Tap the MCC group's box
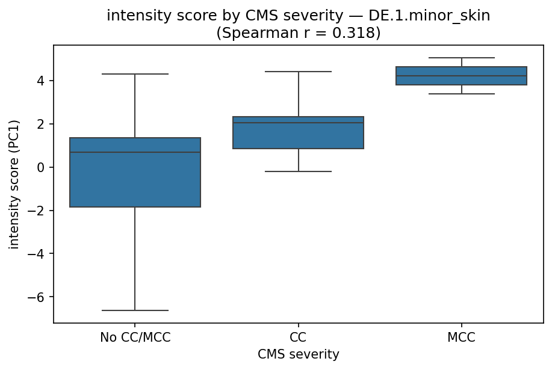462,76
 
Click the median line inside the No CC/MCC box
135,152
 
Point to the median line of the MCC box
462,76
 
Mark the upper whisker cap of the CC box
299,72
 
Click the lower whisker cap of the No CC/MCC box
135,310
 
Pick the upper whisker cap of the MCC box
462,58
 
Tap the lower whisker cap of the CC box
299,171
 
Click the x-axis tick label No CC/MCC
135,338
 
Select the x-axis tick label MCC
462,338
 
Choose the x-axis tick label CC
299,338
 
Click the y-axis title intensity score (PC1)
14,184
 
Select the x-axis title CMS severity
299,355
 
